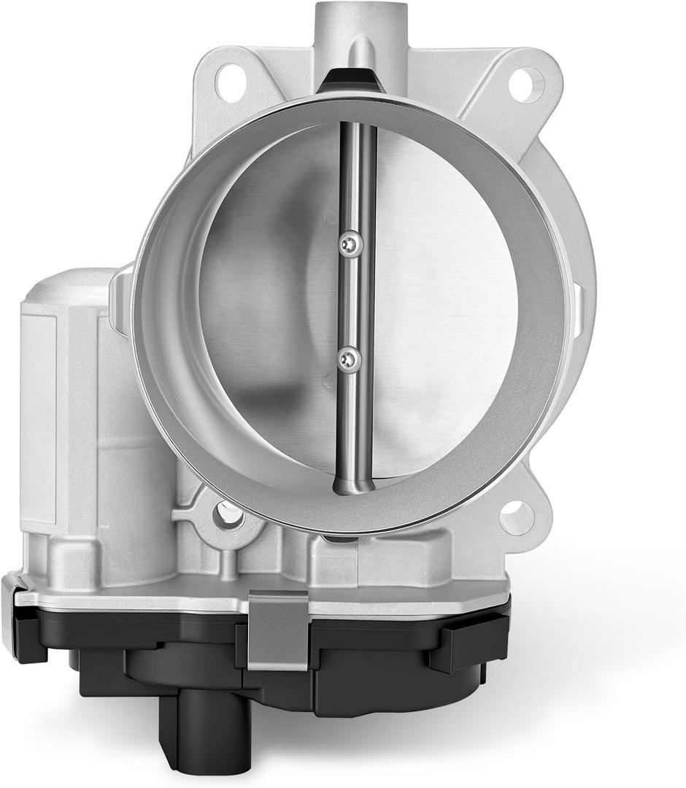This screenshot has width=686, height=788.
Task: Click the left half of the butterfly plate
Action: tap(270, 306)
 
